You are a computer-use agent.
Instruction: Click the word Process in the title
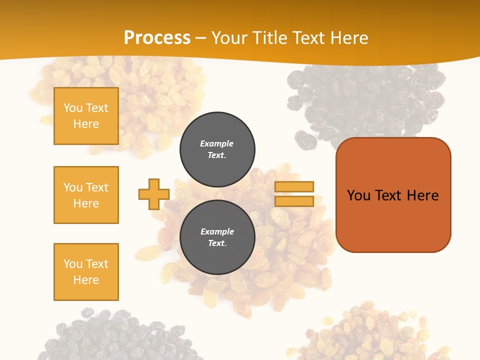[x=157, y=37]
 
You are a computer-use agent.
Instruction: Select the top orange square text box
[x=86, y=116]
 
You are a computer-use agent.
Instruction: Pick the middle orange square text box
[x=86, y=195]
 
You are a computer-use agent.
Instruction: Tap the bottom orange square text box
[x=86, y=272]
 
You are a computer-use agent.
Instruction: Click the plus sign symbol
[x=154, y=194]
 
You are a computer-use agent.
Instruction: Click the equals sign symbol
[x=294, y=194]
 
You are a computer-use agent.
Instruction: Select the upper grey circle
[x=217, y=149]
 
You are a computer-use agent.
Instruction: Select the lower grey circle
[x=217, y=237]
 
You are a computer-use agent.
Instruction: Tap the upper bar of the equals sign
[x=294, y=187]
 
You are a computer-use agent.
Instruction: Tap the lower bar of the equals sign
[x=294, y=201]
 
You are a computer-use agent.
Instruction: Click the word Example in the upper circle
[x=217, y=143]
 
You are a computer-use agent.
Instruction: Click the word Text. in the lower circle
[x=217, y=243]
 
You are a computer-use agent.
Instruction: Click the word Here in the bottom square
[x=86, y=280]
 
